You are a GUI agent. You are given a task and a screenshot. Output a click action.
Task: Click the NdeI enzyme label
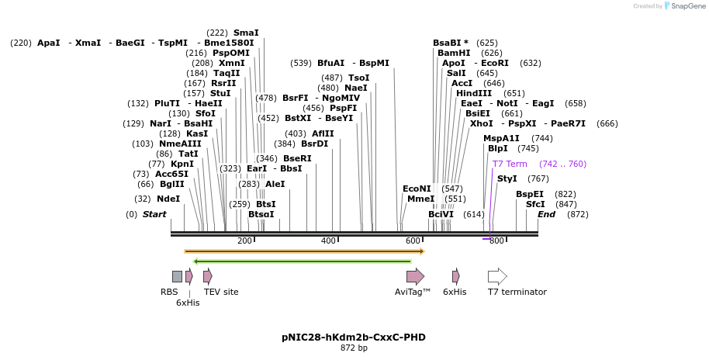(x=168, y=199)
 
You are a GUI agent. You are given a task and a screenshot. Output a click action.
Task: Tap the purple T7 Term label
(x=510, y=164)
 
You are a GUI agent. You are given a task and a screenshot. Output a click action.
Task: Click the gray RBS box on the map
(x=177, y=276)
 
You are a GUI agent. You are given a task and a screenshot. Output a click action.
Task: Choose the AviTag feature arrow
(x=415, y=276)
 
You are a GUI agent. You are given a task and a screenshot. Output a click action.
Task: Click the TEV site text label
(x=221, y=292)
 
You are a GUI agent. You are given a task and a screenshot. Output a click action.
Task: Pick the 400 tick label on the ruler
(x=328, y=241)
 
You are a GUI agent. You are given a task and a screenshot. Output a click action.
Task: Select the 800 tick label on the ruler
(x=496, y=241)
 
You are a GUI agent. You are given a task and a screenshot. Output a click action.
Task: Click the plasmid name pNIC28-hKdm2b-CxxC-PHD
(x=354, y=337)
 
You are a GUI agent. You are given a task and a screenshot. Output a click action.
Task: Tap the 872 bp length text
(x=354, y=348)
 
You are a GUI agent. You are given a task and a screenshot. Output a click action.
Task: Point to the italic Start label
(x=154, y=214)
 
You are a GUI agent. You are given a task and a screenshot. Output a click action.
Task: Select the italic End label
(x=547, y=214)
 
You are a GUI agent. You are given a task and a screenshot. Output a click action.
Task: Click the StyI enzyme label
(x=507, y=178)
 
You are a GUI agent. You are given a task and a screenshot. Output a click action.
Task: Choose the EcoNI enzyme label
(x=417, y=189)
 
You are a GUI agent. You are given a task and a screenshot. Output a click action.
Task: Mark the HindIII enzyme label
(x=474, y=93)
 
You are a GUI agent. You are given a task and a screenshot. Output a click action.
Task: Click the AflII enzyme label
(x=323, y=133)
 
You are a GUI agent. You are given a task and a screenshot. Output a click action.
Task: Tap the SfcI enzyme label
(x=535, y=204)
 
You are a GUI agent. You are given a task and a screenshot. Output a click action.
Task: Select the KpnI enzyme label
(x=182, y=164)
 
